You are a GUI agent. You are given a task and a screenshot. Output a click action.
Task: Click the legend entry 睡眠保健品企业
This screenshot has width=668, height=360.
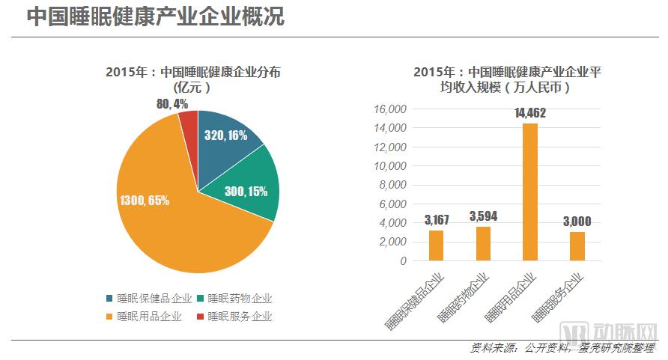click(x=150, y=298)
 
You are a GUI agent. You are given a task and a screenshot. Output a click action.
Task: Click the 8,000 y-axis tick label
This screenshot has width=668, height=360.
click(x=392, y=185)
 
